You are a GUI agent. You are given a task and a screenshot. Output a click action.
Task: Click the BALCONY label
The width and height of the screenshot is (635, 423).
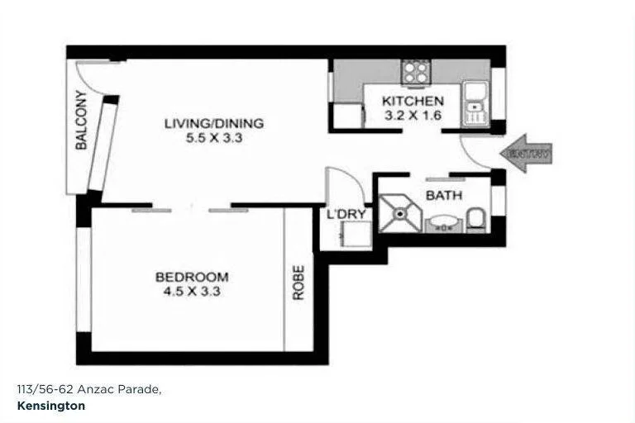click(x=81, y=120)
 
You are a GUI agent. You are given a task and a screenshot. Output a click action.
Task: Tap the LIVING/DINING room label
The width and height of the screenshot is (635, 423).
click(x=213, y=124)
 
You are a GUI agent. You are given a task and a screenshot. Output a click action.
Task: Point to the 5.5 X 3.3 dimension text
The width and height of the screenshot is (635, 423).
click(x=213, y=138)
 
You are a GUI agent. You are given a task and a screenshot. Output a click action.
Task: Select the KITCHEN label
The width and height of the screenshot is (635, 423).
click(x=413, y=101)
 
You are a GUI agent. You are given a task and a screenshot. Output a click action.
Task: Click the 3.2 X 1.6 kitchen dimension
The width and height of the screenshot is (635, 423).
click(x=413, y=115)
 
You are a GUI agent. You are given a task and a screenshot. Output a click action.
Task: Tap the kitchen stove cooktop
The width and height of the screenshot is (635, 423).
click(x=413, y=72)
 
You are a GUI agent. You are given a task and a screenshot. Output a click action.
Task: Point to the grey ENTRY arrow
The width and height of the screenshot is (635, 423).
click(x=526, y=154)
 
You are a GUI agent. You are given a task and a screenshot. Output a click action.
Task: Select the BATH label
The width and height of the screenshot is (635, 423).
click(x=443, y=196)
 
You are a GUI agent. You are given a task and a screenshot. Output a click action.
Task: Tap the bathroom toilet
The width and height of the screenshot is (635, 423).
click(x=475, y=219)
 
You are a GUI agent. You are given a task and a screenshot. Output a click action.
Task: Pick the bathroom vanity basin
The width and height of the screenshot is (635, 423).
click(x=442, y=222)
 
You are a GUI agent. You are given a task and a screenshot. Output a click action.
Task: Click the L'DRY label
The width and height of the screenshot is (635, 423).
click(x=346, y=215)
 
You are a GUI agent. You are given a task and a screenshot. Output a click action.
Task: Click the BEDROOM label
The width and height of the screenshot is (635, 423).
click(x=192, y=277)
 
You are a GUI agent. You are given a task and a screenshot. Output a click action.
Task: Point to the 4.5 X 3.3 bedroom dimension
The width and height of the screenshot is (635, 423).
click(x=192, y=291)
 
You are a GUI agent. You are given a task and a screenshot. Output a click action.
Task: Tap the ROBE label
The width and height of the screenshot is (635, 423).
click(x=298, y=281)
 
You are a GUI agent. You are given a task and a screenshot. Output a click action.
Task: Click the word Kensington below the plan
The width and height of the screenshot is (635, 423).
click(x=50, y=406)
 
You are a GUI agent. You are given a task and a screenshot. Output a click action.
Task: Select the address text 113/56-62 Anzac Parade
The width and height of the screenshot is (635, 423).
click(x=88, y=388)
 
